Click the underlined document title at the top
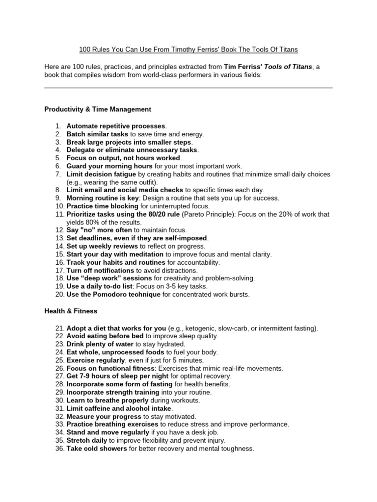coord(188,50)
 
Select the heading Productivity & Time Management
coord(98,109)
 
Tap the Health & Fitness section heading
coord(71,311)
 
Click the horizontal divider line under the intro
coord(188,88)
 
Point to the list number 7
coord(57,174)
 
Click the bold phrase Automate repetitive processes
coord(116,126)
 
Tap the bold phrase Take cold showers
coord(97,448)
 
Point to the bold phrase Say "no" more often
coord(99,230)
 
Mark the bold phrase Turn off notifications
coord(100,270)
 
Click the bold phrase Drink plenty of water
coord(100,344)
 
